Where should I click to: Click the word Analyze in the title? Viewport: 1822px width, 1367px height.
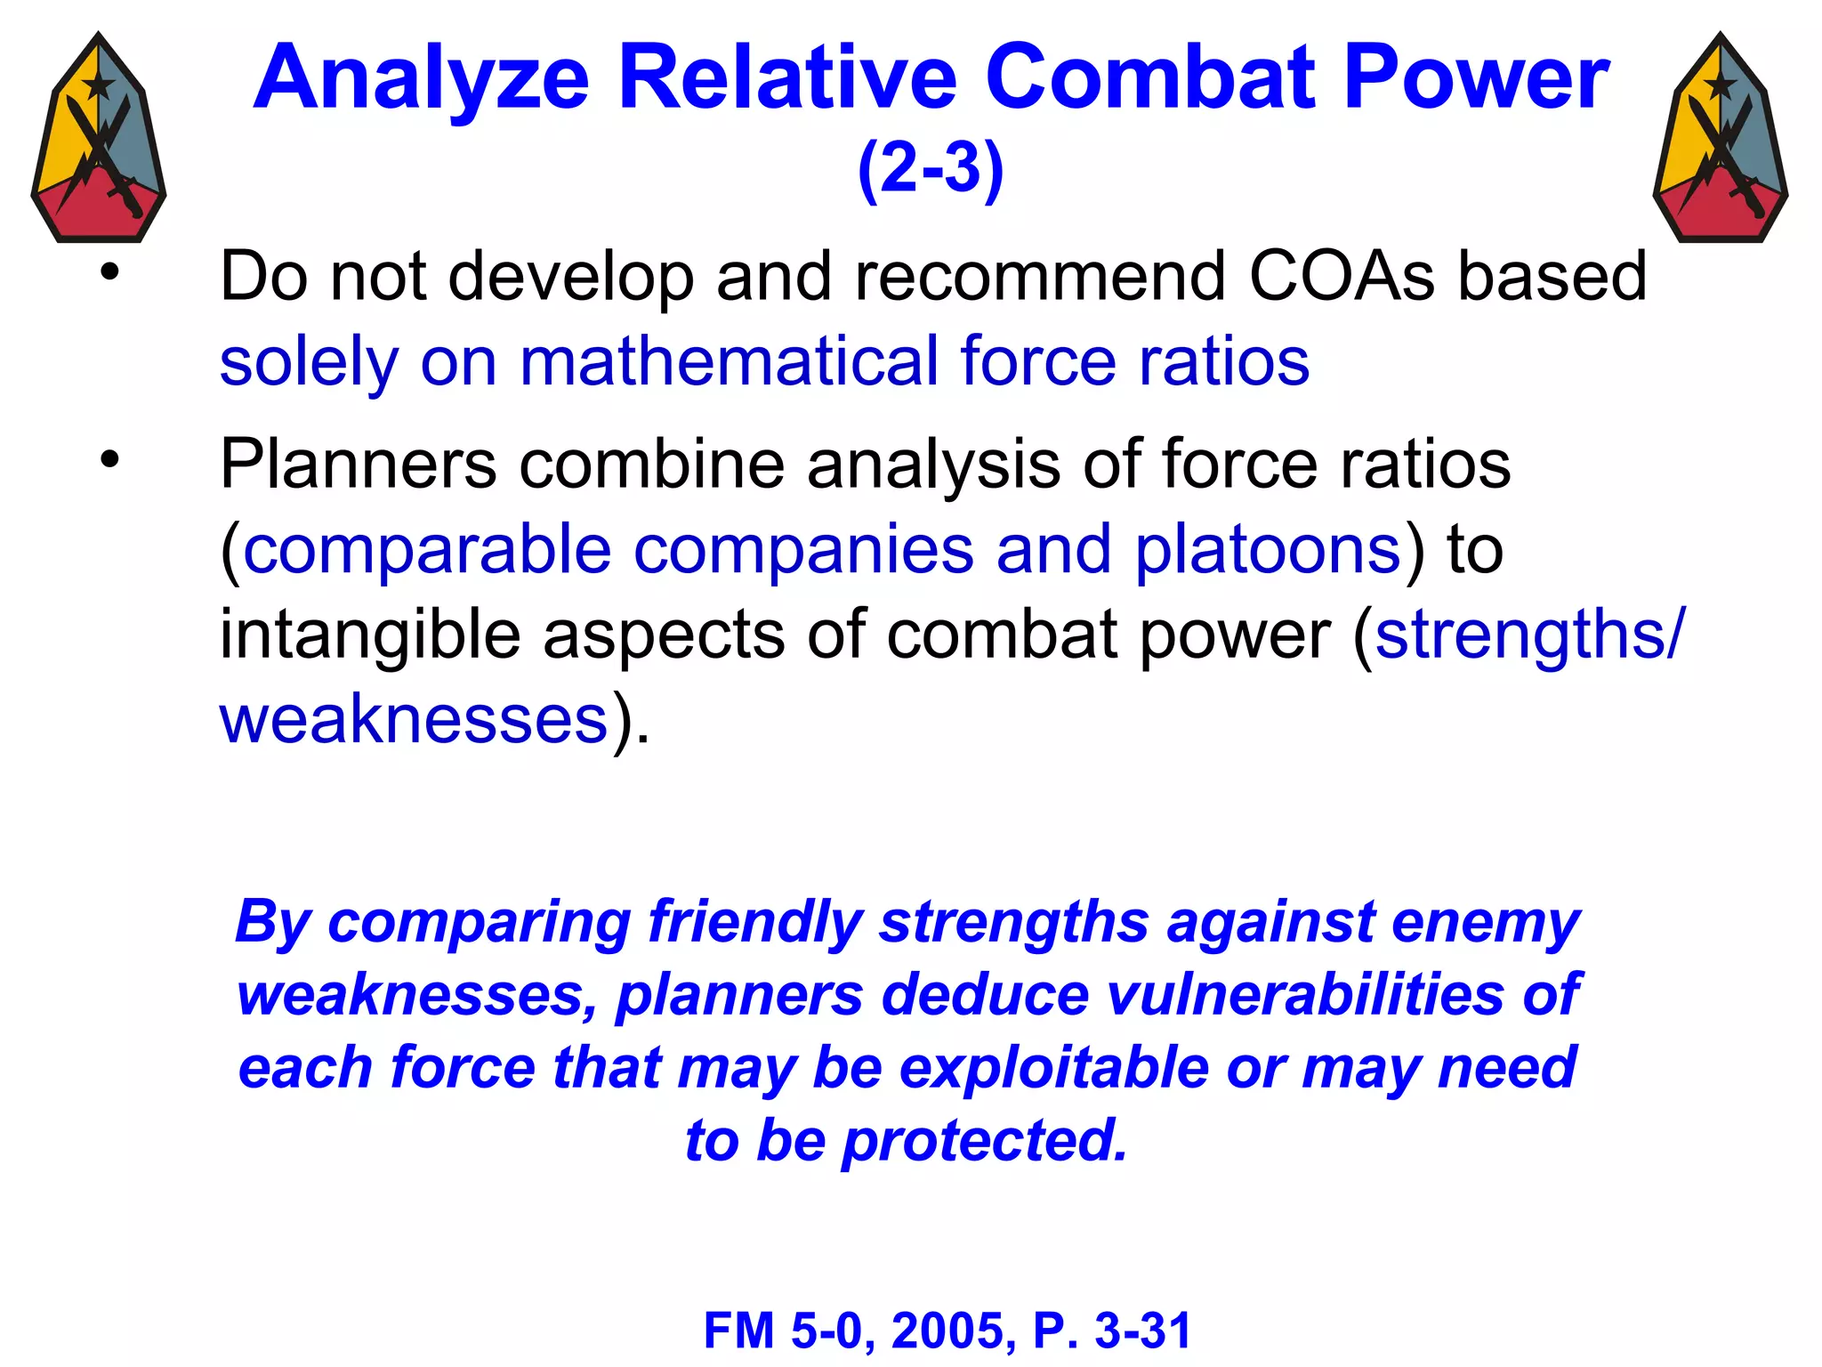pos(421,80)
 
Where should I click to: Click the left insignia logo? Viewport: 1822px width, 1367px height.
pos(99,138)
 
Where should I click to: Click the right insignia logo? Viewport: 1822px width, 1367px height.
pos(1720,138)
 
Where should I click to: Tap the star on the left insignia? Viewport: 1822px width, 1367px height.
pos(98,86)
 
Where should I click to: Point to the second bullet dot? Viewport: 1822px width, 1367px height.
pos(109,460)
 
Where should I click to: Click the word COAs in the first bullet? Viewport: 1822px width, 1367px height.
pos(1341,277)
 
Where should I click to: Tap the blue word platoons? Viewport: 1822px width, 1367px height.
pos(1269,550)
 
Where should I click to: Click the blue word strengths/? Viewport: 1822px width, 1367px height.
pos(1529,635)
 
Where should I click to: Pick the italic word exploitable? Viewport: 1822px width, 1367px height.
pos(1055,1068)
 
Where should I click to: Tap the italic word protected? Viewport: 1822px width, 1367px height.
pos(985,1141)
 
